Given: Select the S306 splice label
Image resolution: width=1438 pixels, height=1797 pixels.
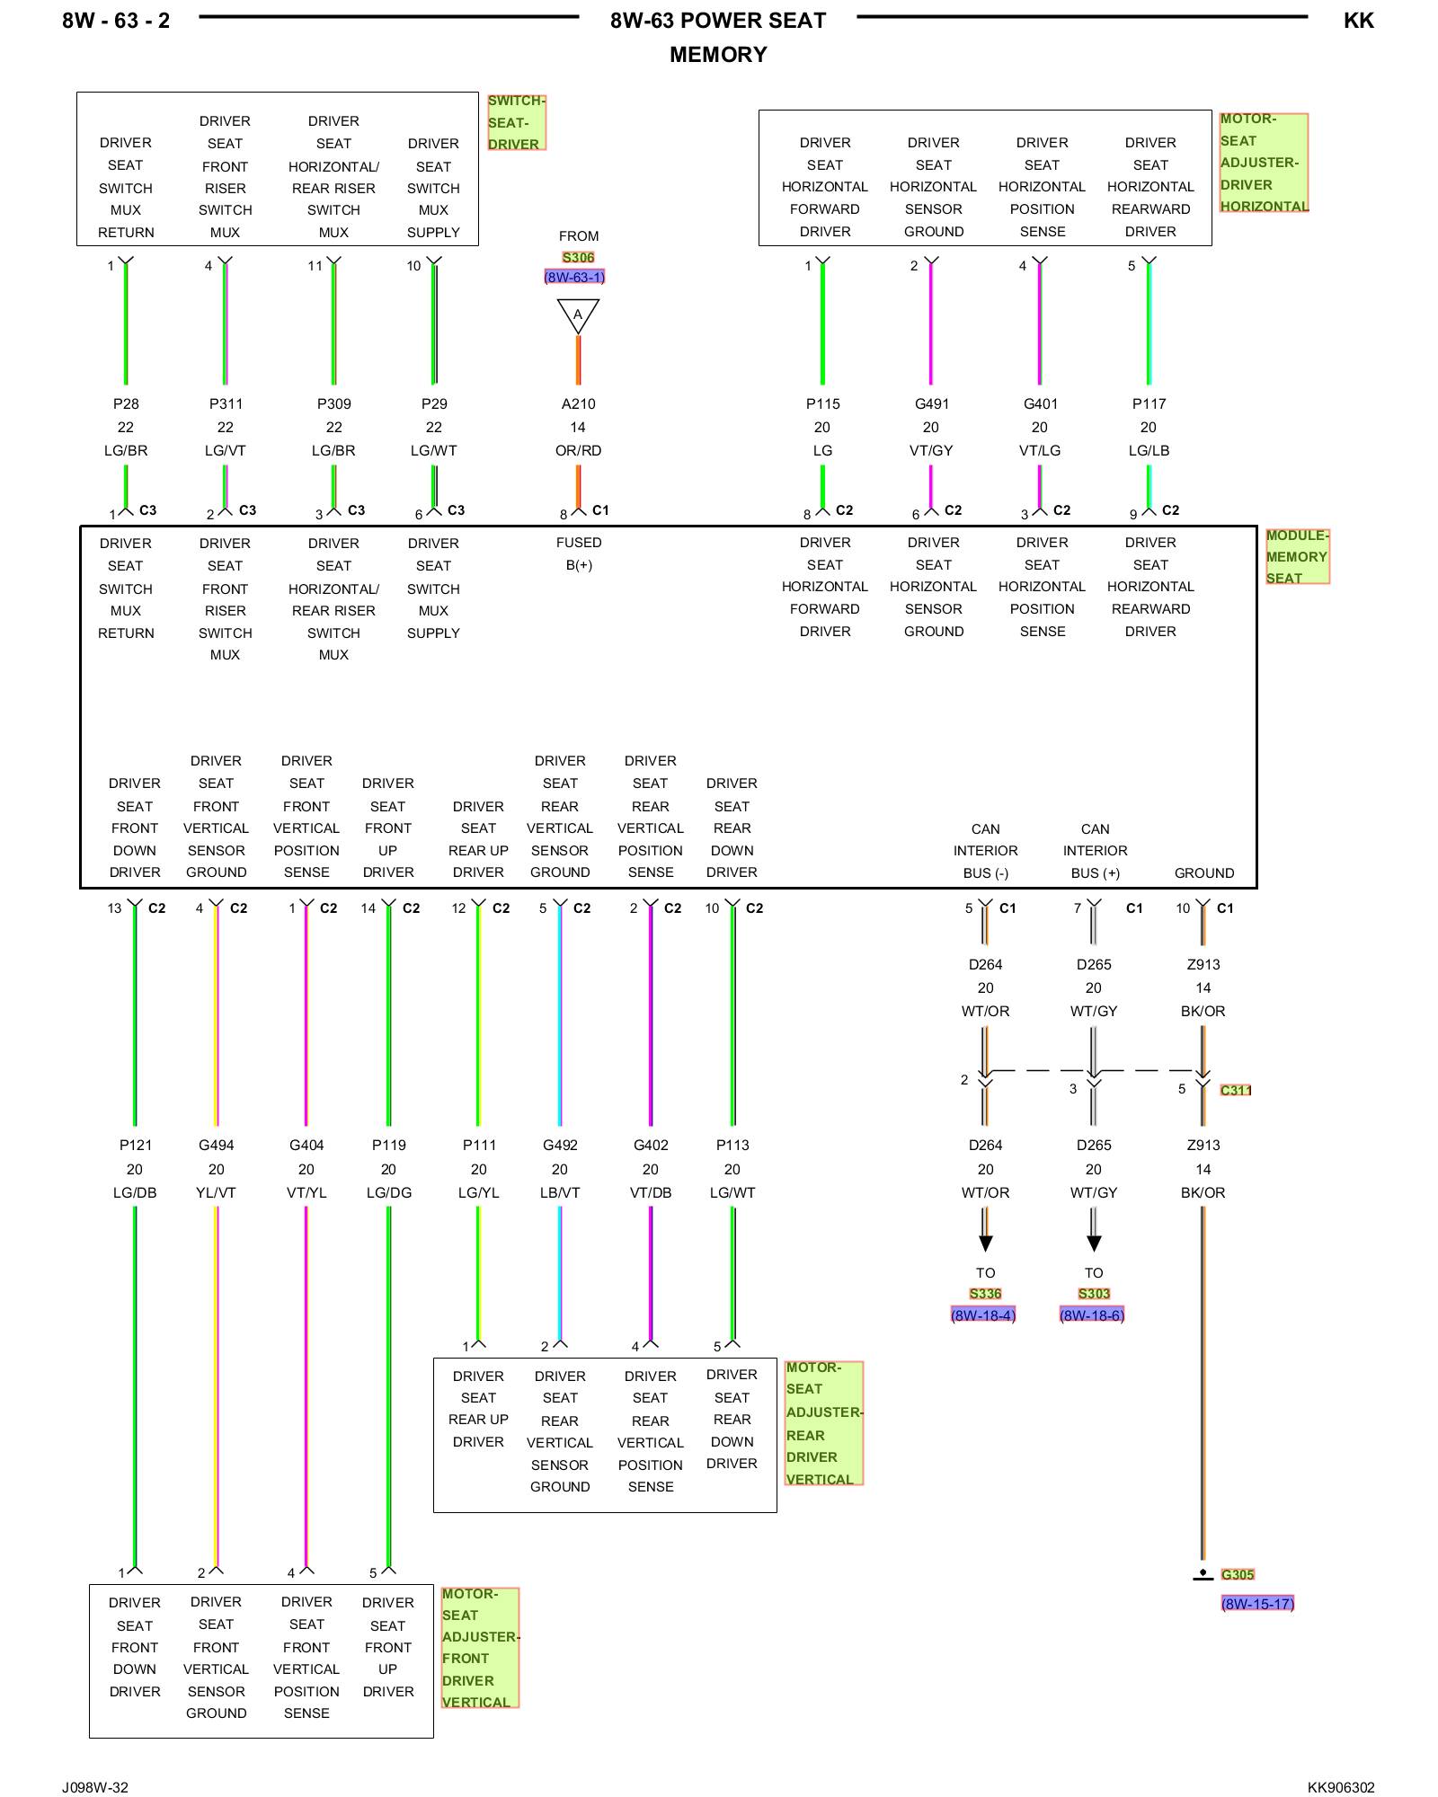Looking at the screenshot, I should point(578,258).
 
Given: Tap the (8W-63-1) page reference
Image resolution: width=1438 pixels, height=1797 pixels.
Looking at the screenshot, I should point(574,278).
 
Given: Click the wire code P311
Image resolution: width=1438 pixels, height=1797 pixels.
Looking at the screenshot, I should point(226,404).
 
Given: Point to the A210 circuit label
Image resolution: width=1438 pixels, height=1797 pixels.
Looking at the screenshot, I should point(578,404).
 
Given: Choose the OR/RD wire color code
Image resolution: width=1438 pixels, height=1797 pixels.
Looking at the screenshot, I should point(578,451).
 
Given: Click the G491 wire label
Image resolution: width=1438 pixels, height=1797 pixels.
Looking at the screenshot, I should point(932,404).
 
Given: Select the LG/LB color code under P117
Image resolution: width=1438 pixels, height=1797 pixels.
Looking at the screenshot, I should point(1149,451).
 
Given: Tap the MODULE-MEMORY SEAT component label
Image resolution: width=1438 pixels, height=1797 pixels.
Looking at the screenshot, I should point(1296,557).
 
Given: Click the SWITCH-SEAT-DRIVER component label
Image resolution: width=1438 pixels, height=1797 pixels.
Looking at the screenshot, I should point(515,123).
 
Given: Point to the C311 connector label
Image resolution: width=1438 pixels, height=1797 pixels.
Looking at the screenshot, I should point(1236,1091).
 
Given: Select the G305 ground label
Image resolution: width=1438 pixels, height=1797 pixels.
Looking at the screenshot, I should point(1238,1575).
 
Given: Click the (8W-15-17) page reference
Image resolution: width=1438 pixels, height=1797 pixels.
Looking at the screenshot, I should point(1257,1604).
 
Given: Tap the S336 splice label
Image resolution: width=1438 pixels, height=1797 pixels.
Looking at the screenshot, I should point(985,1294).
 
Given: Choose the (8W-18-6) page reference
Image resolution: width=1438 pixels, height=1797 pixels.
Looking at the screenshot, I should point(1092,1315).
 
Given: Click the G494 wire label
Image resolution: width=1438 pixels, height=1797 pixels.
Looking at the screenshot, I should point(216,1146).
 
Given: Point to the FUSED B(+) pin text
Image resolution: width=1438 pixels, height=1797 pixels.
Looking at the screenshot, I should point(579,553).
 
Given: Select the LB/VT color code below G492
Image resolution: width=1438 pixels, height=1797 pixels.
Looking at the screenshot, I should point(560,1193).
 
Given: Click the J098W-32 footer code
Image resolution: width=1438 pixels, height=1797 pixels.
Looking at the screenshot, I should point(95,1787).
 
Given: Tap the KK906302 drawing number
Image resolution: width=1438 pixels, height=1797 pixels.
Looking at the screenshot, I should point(1341,1787).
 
